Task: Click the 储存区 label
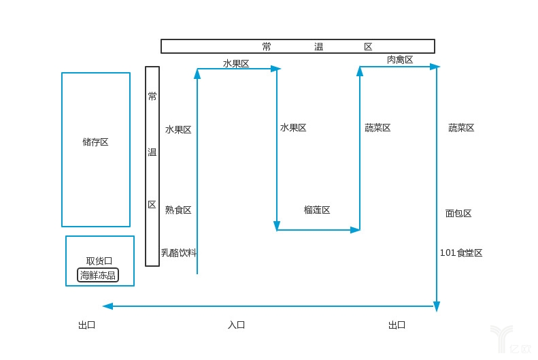95,142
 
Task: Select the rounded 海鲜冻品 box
98,276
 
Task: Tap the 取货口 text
99,261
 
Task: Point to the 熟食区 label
178,210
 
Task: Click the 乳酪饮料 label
179,252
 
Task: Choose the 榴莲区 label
317,210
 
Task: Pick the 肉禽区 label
400,60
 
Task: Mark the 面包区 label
458,213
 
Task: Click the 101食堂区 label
461,252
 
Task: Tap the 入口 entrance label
236,325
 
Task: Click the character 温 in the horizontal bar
318,46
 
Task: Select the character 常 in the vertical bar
152,97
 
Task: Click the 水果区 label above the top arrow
236,63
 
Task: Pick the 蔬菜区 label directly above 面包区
461,128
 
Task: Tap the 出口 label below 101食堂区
397,325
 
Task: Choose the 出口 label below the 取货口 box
86,325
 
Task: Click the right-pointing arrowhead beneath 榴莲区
355,230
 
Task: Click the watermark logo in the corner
507,340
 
